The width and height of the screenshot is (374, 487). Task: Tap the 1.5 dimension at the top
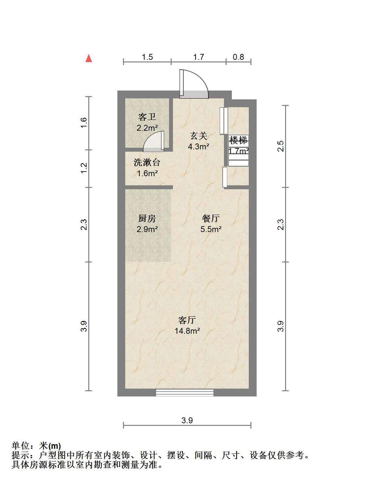pyautogui.click(x=147, y=57)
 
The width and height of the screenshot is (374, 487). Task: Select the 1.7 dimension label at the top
pyautogui.click(x=198, y=57)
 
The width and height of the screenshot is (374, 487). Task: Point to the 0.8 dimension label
pyautogui.click(x=238, y=57)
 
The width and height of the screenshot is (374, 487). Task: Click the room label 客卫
pyautogui.click(x=147, y=117)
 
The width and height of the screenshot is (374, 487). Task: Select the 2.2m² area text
pyautogui.click(x=147, y=128)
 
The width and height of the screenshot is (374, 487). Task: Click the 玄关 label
pyautogui.click(x=198, y=136)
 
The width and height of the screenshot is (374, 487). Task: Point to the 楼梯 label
pyautogui.click(x=238, y=141)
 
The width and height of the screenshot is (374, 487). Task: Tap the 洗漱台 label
pyautogui.click(x=147, y=162)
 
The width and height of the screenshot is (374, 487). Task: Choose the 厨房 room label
pyautogui.click(x=147, y=218)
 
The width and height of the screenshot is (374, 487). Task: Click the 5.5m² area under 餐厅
pyautogui.click(x=211, y=229)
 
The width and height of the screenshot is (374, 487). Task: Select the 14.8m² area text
pyautogui.click(x=187, y=331)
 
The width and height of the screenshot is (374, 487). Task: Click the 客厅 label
pyautogui.click(x=187, y=320)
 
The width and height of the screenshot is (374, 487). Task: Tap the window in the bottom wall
pyautogui.click(x=185, y=393)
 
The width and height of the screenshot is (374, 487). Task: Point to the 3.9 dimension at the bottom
pyautogui.click(x=187, y=420)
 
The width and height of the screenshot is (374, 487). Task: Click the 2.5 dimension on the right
pyautogui.click(x=280, y=146)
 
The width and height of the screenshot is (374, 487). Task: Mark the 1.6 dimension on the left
pyautogui.click(x=84, y=123)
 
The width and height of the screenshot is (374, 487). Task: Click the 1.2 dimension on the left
pyautogui.click(x=84, y=168)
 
